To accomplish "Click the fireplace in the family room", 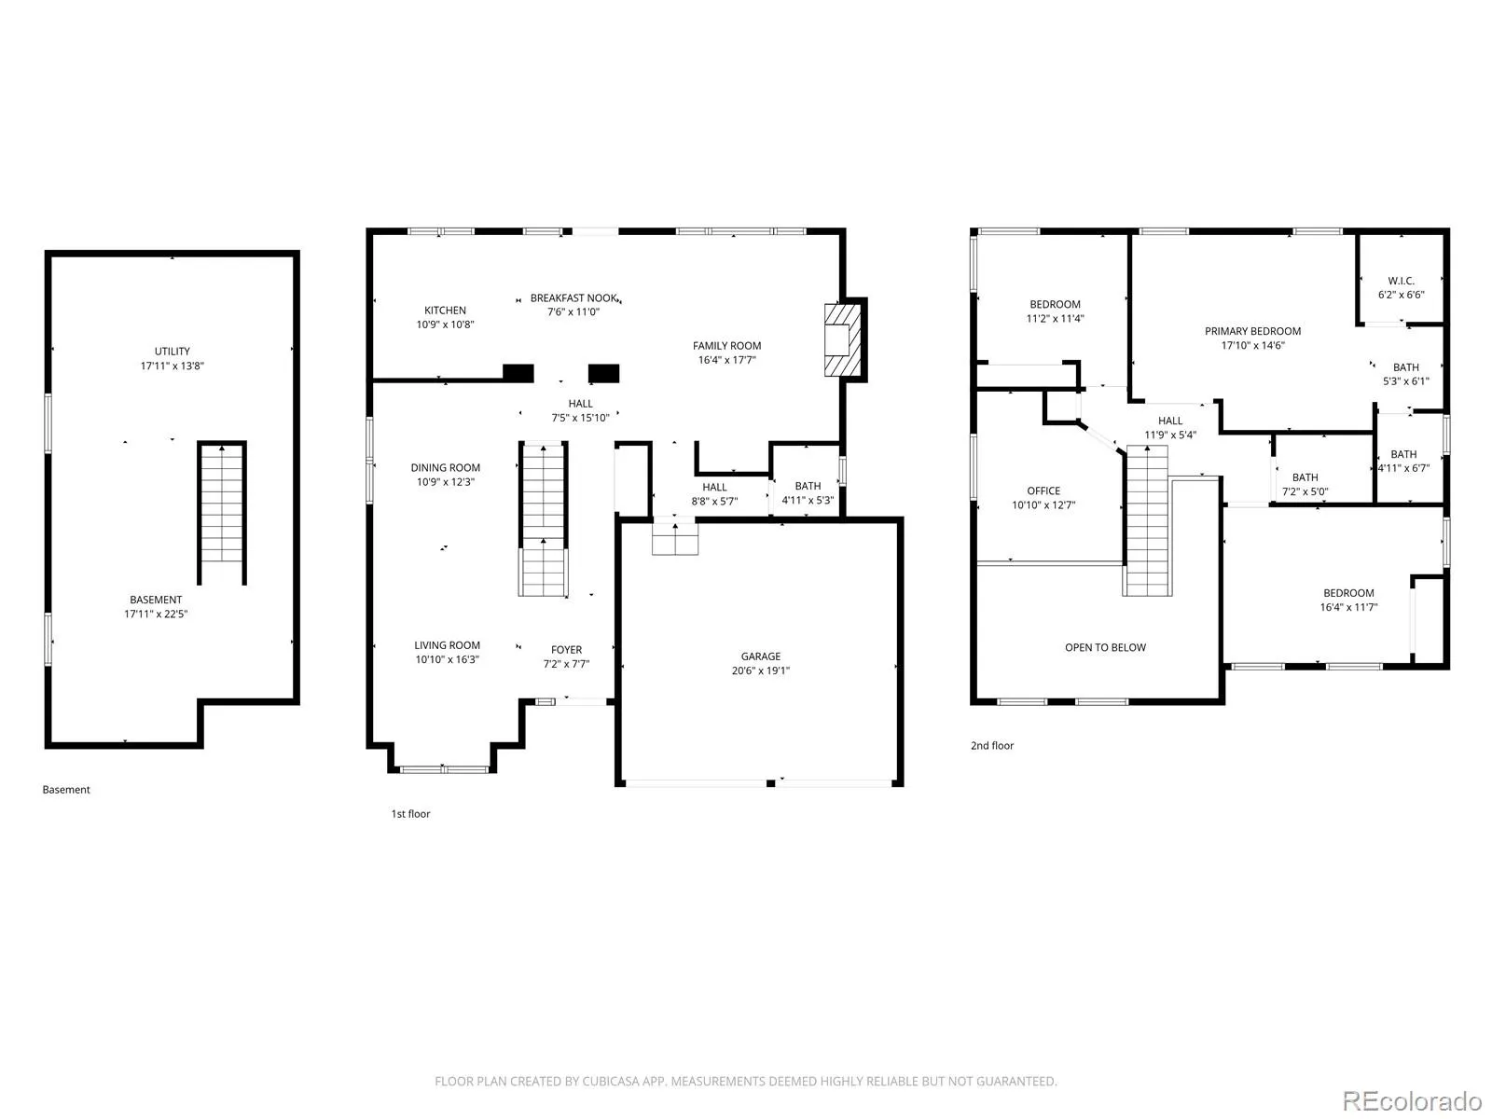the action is click(842, 338).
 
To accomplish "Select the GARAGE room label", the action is click(760, 656).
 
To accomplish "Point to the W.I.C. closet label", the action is click(1401, 281).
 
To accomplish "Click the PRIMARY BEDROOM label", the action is click(1252, 331).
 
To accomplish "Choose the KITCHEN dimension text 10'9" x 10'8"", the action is click(445, 325).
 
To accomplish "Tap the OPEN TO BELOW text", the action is click(1105, 647).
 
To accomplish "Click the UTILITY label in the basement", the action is click(172, 352).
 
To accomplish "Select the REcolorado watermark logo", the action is click(1411, 1100).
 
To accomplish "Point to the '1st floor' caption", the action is click(410, 813).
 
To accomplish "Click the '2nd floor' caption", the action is click(992, 745).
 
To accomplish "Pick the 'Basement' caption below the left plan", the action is click(66, 790).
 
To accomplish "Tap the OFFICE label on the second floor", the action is click(1043, 490).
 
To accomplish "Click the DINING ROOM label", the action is click(445, 467).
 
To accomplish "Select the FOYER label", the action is click(566, 650).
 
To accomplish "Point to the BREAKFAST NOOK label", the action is click(573, 297).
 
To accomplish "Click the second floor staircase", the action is click(1147, 520).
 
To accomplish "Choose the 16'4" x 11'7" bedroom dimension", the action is click(1347, 607).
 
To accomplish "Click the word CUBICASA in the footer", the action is click(611, 1081).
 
